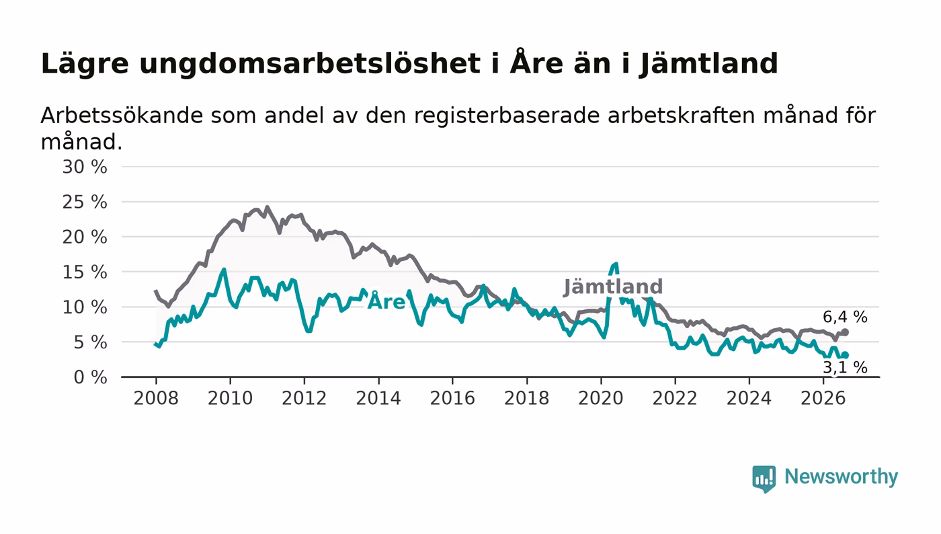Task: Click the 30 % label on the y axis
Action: pos(85,167)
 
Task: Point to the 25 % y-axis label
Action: pos(85,202)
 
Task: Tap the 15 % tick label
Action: pos(85,272)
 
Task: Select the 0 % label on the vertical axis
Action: pos(90,377)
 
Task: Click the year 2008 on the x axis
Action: pos(156,398)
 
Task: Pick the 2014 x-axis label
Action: pos(378,398)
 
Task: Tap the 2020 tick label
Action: pos(601,398)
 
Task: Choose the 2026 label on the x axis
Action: pos(823,398)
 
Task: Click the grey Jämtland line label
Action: pos(613,287)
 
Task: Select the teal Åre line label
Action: pos(386,301)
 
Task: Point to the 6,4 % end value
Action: pos(845,317)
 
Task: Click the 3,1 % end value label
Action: pos(845,367)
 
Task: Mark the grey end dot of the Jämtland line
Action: pos(846,332)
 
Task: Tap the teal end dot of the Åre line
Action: pos(846,355)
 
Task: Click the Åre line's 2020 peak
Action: pos(616,264)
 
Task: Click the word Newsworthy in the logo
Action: pos(841,477)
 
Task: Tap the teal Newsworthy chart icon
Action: pos(764,478)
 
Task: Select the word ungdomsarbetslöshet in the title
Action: pos(310,65)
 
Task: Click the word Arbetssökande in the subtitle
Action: pos(122,115)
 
